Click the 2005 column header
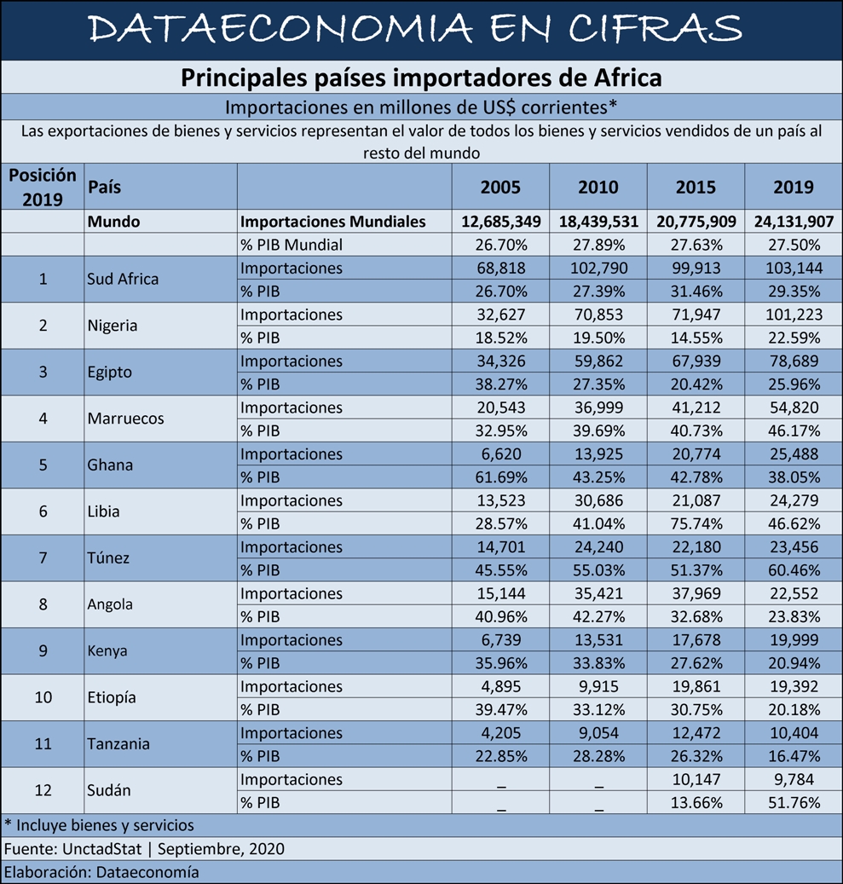click(x=500, y=188)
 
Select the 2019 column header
click(x=794, y=188)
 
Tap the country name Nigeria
click(x=113, y=326)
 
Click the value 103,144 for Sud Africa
click(x=794, y=268)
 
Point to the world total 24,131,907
click(x=794, y=222)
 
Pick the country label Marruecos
click(x=126, y=419)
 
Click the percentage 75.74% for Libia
click(x=696, y=523)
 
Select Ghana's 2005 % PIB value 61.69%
click(x=501, y=477)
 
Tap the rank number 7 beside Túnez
click(x=43, y=558)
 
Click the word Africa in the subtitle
click(x=627, y=78)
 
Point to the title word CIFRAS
click(x=655, y=28)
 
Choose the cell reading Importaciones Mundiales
click(x=332, y=222)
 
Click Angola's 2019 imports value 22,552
click(x=794, y=593)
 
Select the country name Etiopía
click(x=112, y=698)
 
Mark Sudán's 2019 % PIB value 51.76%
click(x=794, y=803)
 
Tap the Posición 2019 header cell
click(x=43, y=188)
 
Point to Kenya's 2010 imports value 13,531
click(x=598, y=640)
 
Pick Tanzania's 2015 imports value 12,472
click(x=696, y=733)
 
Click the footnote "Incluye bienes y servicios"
click(x=105, y=826)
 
